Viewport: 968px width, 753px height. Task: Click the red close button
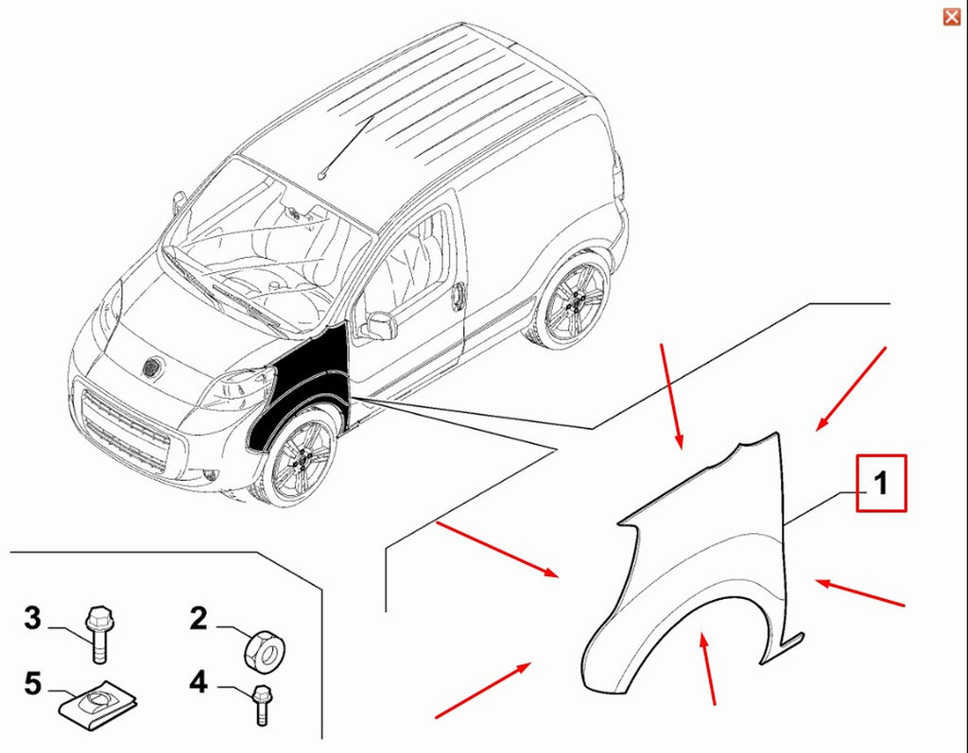click(951, 17)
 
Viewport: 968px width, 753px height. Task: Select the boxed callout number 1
click(881, 483)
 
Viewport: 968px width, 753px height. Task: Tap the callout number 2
click(199, 619)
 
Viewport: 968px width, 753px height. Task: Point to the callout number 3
click(33, 618)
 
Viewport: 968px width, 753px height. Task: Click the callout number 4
click(199, 683)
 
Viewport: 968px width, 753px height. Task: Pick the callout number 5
click(33, 684)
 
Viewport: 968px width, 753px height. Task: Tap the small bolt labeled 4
click(262, 705)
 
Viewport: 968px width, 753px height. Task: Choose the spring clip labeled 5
click(97, 705)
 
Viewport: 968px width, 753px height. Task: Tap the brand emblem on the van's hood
click(151, 368)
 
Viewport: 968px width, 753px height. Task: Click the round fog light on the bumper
click(211, 475)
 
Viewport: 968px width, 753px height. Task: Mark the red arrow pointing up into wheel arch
click(708, 669)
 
